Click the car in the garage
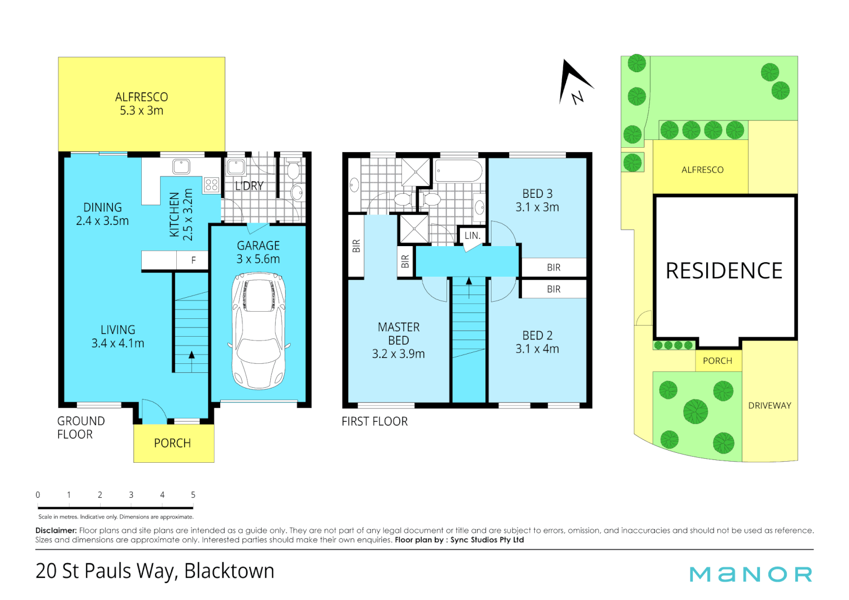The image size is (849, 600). click(259, 331)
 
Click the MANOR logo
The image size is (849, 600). click(751, 574)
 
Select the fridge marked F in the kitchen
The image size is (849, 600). click(193, 260)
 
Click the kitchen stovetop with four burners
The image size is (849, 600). click(211, 185)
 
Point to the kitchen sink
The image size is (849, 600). click(181, 166)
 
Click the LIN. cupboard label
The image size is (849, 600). click(472, 236)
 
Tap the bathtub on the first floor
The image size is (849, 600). click(459, 171)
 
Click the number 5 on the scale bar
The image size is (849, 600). click(193, 494)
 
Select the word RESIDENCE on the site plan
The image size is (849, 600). click(724, 271)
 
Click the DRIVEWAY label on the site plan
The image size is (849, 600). click(769, 406)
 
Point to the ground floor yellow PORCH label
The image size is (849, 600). click(172, 443)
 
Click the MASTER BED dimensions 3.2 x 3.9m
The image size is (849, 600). click(398, 354)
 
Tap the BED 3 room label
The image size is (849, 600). click(537, 194)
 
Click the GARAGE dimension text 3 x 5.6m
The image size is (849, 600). click(258, 259)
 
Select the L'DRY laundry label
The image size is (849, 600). click(249, 186)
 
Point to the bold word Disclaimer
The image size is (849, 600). click(56, 531)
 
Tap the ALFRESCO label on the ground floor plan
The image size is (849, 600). click(141, 97)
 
